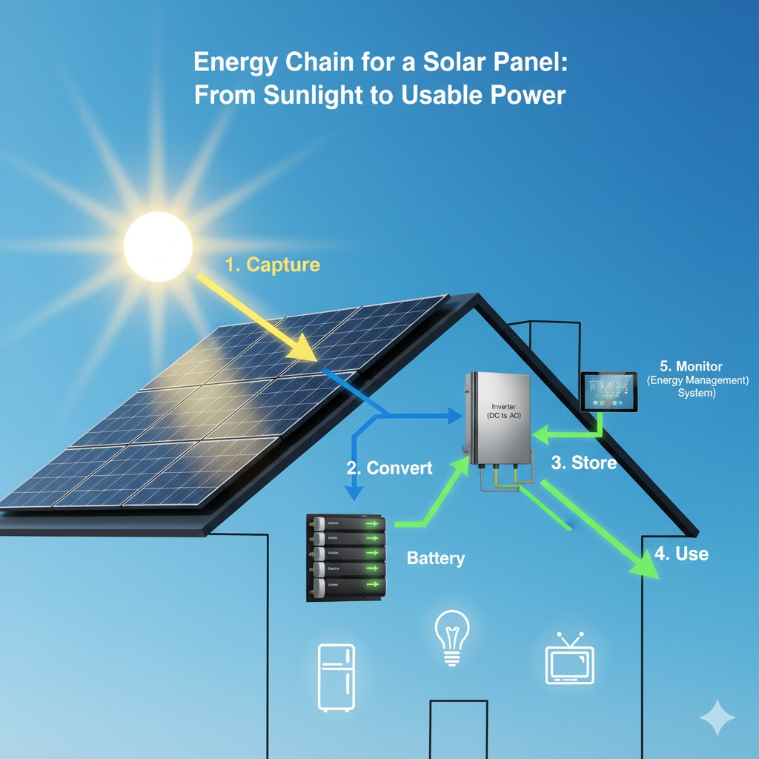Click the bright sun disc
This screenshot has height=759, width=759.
click(x=158, y=246)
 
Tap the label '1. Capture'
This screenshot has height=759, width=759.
click(x=272, y=265)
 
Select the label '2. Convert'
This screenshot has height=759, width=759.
click(x=389, y=468)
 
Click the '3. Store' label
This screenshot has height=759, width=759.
click(x=583, y=463)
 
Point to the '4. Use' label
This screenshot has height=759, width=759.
click(x=681, y=554)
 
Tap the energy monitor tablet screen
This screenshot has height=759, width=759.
click(x=609, y=391)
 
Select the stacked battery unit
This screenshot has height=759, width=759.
click(x=347, y=556)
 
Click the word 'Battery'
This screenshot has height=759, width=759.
click(x=436, y=558)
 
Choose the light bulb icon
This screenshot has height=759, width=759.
click(x=452, y=638)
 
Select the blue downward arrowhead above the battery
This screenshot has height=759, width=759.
click(x=354, y=493)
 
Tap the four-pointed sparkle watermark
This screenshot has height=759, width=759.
click(x=717, y=717)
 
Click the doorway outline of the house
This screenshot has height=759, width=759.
click(x=461, y=730)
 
